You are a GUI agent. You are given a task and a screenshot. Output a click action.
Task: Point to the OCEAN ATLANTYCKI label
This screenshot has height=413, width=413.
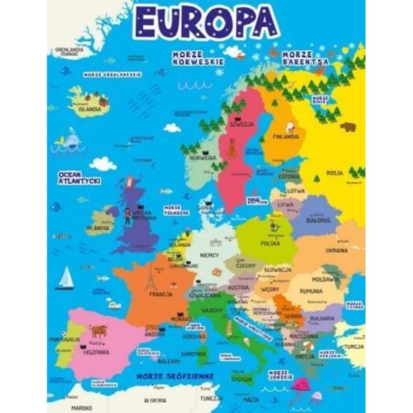(79, 178)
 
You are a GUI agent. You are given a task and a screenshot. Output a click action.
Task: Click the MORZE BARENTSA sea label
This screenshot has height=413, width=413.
(305, 58)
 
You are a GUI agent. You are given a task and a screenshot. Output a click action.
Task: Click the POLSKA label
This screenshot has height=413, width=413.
(270, 242)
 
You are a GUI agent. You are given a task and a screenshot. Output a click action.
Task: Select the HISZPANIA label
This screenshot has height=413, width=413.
(96, 352)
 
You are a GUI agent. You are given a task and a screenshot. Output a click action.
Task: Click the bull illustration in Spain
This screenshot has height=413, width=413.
(98, 330)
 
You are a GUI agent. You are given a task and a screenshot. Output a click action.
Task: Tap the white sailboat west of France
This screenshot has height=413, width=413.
(66, 278)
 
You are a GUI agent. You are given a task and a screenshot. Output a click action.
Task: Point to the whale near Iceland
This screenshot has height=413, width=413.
(67, 141)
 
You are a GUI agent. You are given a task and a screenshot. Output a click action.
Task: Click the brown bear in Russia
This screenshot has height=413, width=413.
(347, 126)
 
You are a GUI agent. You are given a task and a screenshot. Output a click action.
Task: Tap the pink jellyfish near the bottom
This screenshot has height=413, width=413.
(300, 385)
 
